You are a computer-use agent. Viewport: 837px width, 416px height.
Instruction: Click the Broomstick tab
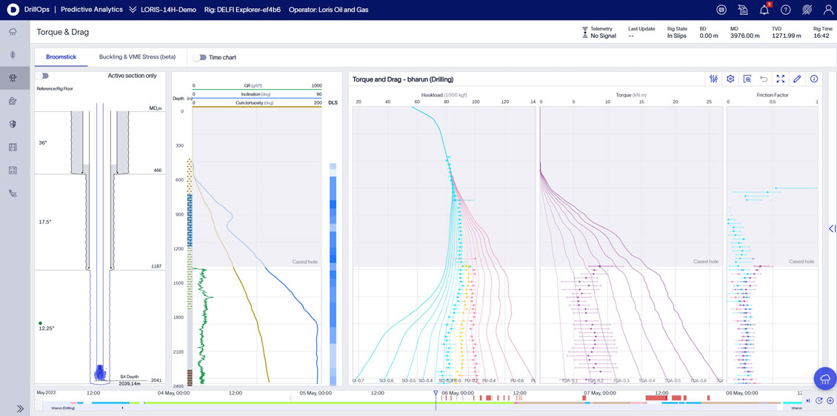pyautogui.click(x=61, y=57)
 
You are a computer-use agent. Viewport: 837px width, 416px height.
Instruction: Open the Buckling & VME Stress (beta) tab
pyautogui.click(x=137, y=57)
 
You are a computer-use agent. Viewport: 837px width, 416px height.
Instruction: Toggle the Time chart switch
pyautogui.click(x=199, y=57)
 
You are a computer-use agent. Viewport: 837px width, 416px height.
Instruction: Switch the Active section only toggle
pyautogui.click(x=42, y=76)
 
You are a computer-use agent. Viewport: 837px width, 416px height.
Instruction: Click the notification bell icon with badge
pyautogui.click(x=764, y=10)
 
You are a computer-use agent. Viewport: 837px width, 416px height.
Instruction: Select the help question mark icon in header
pyautogui.click(x=786, y=10)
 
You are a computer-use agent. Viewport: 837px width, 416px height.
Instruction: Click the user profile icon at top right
pyautogui.click(x=828, y=10)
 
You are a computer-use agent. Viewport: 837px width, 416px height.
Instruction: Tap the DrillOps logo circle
pyautogui.click(x=13, y=10)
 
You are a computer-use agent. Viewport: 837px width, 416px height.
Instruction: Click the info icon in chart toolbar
pyautogui.click(x=814, y=79)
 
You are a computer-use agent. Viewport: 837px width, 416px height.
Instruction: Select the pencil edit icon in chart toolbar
pyautogui.click(x=797, y=79)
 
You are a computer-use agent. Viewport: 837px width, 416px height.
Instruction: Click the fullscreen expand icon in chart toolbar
pyautogui.click(x=780, y=79)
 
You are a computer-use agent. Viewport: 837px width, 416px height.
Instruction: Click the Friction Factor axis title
pyautogui.click(x=773, y=95)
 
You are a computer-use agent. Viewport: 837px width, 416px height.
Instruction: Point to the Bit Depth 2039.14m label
pyautogui.click(x=130, y=380)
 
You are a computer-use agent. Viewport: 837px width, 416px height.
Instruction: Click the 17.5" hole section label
pyautogui.click(x=45, y=222)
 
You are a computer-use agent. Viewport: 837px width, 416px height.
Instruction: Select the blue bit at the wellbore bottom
pyautogui.click(x=100, y=372)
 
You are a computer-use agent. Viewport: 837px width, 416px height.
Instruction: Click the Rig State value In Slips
pyautogui.click(x=677, y=36)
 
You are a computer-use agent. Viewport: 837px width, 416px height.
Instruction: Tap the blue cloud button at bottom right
pyautogui.click(x=824, y=378)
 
